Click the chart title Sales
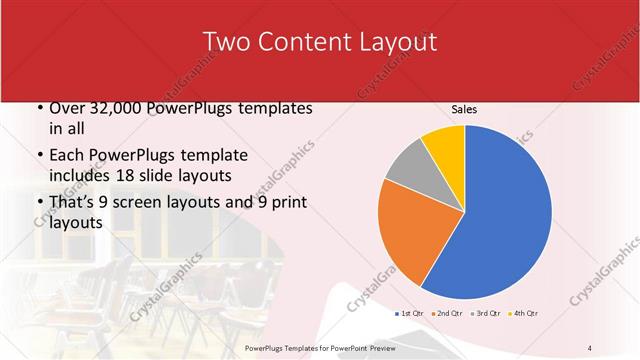point(464,109)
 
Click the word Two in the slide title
point(226,42)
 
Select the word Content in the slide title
point(302,42)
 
